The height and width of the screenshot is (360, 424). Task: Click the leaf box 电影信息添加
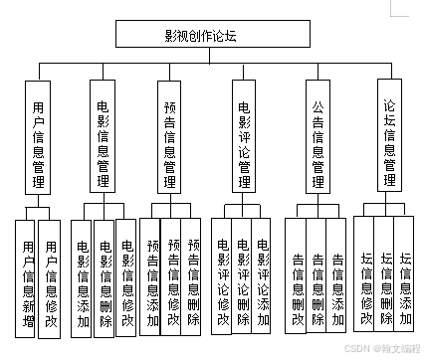click(x=83, y=278)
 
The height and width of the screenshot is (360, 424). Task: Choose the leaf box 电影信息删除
click(x=106, y=278)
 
